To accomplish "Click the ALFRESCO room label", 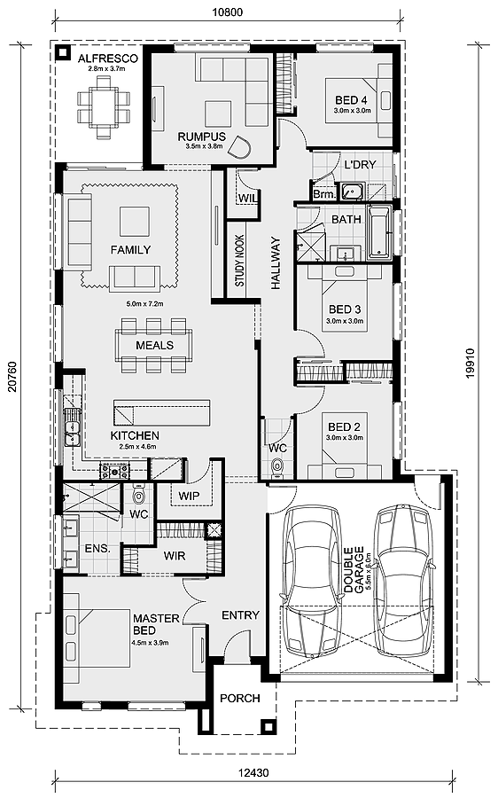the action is pos(107,59).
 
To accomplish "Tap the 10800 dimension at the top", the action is pos(228,12).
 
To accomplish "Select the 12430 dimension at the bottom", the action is pos(253,773).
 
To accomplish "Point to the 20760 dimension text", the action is pos(12,378).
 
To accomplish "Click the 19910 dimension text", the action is pos(470,364).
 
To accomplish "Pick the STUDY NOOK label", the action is pos(239,260).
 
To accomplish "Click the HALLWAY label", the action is pos(276,262).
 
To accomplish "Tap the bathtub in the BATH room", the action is pos(378,232).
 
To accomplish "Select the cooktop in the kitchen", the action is pos(115,472).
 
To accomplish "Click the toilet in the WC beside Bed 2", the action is pos(277,466).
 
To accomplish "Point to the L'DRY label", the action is pos(360,164).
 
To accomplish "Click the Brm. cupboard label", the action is pos(324,194).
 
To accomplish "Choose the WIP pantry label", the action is pos(189,496).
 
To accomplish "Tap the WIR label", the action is pos(175,556).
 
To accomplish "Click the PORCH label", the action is pos(240,699).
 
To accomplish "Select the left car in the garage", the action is pos(311,581).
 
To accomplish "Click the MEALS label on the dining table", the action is pos(155,345).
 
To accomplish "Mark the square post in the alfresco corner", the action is pos(63,52).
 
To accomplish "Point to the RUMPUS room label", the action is pos(202,137).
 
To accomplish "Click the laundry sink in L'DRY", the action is pos(352,192).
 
